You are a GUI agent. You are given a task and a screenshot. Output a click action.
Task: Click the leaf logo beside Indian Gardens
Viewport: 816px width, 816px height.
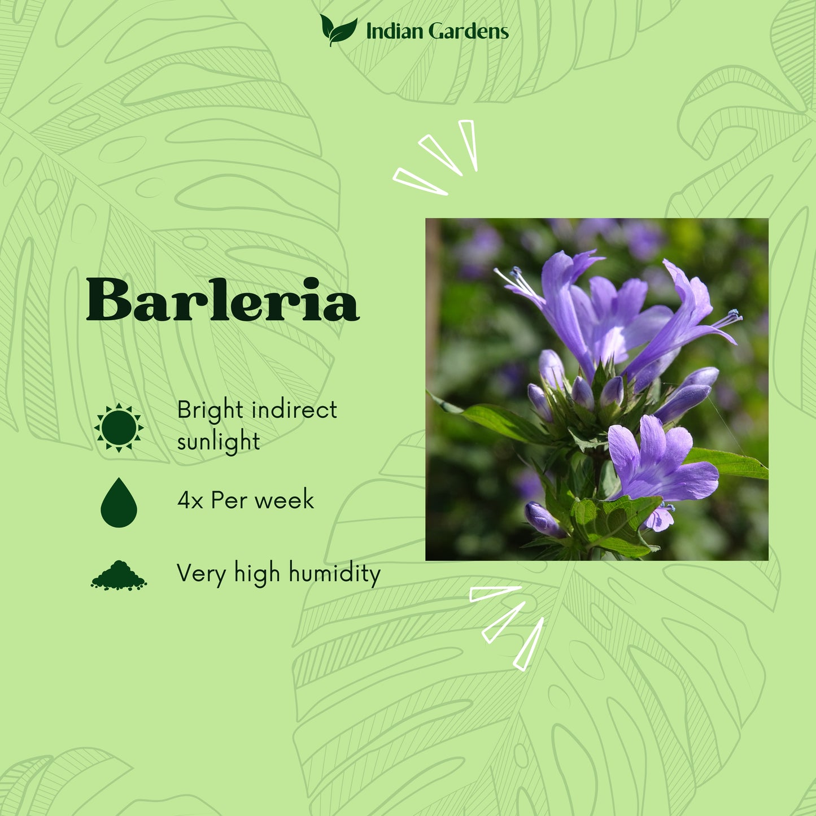click(338, 30)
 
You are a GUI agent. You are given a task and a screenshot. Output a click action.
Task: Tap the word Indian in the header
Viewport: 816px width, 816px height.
click(394, 32)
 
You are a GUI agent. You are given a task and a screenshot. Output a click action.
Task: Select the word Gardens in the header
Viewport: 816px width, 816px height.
click(469, 32)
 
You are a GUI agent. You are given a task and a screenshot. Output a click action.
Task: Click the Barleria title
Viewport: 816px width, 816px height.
click(222, 300)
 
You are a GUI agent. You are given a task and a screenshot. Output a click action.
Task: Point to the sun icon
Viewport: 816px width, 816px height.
click(119, 427)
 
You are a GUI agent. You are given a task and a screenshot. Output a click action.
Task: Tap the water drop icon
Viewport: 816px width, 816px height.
click(119, 503)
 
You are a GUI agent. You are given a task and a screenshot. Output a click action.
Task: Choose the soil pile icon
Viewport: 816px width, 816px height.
click(119, 576)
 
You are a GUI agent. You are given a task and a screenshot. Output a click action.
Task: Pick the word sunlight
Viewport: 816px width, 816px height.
click(219, 442)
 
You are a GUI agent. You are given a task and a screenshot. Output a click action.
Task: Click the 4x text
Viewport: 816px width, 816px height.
click(190, 500)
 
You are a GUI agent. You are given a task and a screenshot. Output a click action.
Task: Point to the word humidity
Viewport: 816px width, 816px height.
click(335, 574)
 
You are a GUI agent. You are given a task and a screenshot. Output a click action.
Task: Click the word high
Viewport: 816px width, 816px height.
click(257, 574)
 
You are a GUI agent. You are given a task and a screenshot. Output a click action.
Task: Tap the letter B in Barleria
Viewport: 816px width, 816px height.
click(108, 300)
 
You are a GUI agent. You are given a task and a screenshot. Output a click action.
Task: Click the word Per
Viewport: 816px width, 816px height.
click(229, 500)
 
